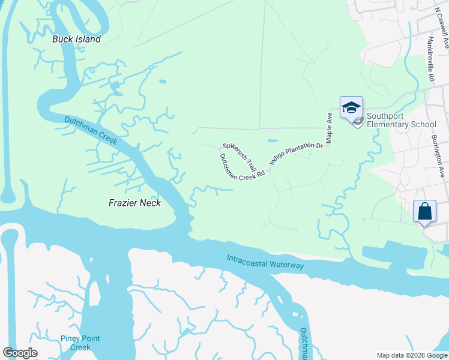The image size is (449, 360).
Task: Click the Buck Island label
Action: tap(76, 39)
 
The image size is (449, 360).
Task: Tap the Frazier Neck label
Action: tap(135, 203)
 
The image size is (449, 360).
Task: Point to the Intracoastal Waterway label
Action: tap(265, 262)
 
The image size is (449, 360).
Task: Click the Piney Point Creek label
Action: tap(76, 343)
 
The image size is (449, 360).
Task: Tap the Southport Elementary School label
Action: tap(400, 120)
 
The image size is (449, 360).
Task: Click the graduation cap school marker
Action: tap(351, 108)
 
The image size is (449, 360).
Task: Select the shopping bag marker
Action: tap(424, 211)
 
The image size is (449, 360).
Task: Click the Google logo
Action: tap(20, 353)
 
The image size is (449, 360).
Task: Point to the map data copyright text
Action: tap(412, 355)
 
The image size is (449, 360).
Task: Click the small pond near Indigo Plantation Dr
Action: tap(273, 140)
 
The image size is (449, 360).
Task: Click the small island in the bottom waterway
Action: tap(294, 314)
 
